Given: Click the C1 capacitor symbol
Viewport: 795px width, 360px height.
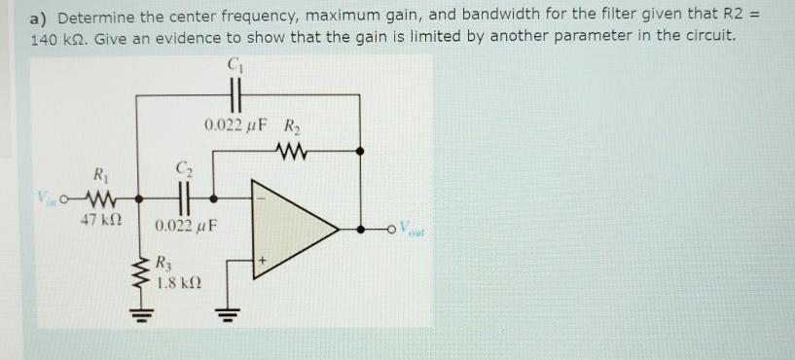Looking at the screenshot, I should click(234, 95).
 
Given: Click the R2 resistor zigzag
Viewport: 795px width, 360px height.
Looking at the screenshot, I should click(292, 151).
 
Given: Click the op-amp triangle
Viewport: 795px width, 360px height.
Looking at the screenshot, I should click(292, 229).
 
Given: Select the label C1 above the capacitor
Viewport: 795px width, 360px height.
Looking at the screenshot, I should click(234, 66).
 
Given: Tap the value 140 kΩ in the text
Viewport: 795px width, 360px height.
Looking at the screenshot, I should click(58, 37).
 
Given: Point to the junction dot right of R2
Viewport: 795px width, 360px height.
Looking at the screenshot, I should click(361, 151).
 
